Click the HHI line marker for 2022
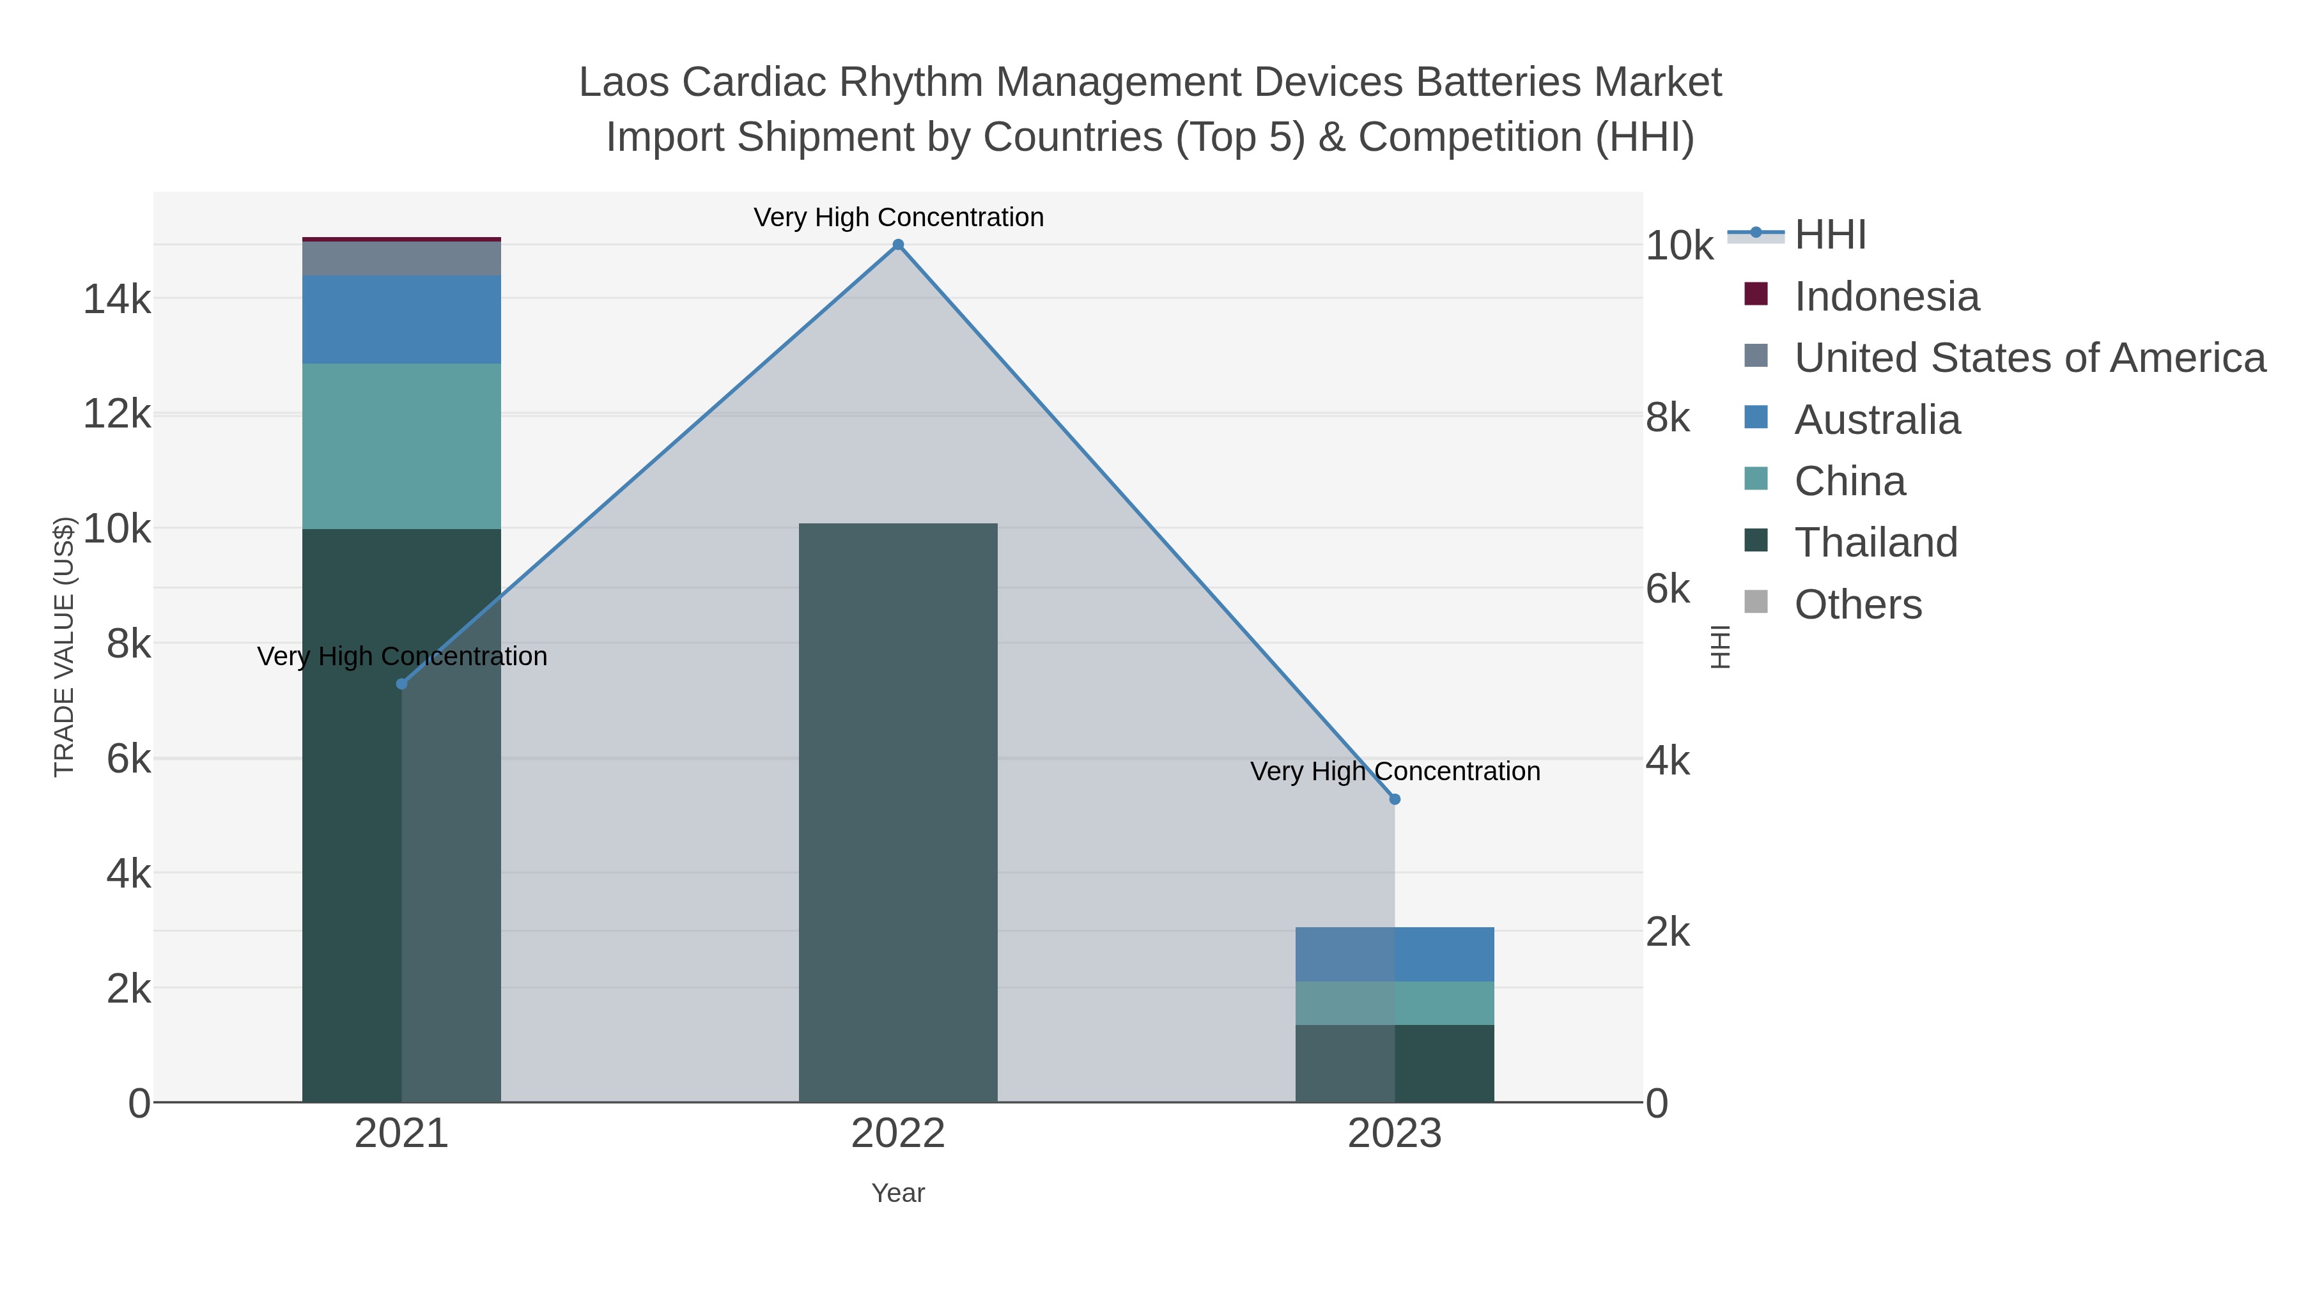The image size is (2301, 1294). pos(898,245)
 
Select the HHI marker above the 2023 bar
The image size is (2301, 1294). pos(1395,799)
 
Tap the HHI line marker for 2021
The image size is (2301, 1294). pos(401,684)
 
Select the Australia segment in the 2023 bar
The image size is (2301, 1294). pos(1395,954)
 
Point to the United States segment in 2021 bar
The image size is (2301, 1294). pos(401,258)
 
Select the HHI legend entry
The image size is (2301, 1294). pos(1829,235)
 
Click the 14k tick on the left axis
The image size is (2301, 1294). pos(117,299)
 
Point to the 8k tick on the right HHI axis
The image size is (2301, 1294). pos(1668,417)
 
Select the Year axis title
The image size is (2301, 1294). pos(898,1193)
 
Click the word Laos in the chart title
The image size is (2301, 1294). pos(623,82)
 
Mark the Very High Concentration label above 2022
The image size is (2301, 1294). pos(898,217)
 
